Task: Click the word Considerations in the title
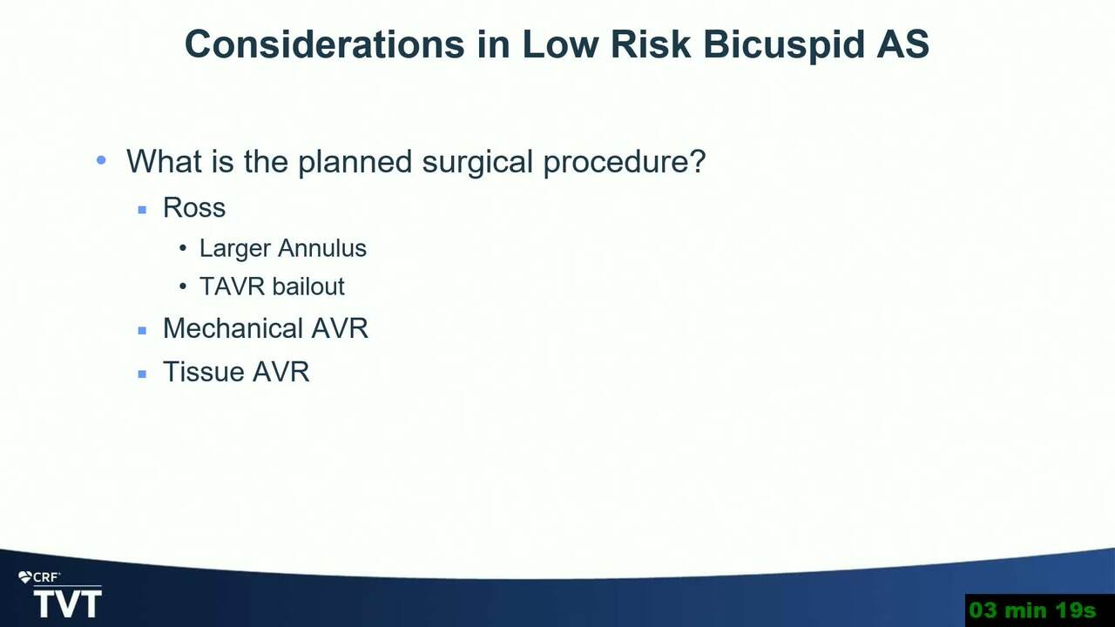pos(325,44)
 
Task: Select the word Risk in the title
pos(651,44)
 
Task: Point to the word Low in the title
pos(560,44)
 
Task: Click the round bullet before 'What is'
pos(101,160)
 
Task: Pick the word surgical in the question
pos(477,163)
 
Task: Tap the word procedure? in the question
pos(625,163)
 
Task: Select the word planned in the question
pos(355,163)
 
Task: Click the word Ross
pos(194,207)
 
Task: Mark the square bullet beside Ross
pos(142,210)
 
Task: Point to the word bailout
pos(308,287)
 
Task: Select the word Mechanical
pos(233,328)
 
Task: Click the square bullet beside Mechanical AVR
pos(142,330)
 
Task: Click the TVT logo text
pos(68,604)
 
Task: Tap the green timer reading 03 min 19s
pos(1032,610)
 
